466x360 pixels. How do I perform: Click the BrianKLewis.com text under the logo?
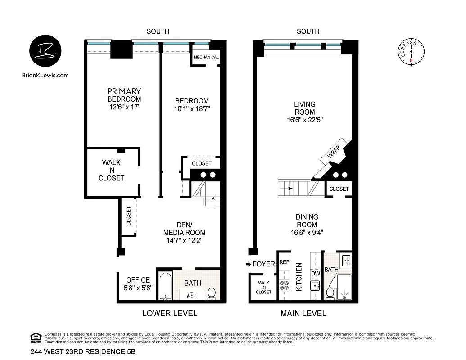[45, 75]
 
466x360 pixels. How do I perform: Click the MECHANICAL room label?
[206, 58]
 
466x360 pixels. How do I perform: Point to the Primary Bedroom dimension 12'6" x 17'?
[124, 107]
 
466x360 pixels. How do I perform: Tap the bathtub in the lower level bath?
[165, 285]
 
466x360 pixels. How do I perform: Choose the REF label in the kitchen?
[284, 262]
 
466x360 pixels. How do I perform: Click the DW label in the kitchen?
[315, 273]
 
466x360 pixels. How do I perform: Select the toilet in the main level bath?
[330, 293]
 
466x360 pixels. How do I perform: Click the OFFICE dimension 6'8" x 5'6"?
[138, 288]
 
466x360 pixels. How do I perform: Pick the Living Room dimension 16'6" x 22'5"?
[305, 120]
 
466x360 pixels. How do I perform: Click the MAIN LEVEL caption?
[303, 314]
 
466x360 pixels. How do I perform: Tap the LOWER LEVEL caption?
[169, 314]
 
